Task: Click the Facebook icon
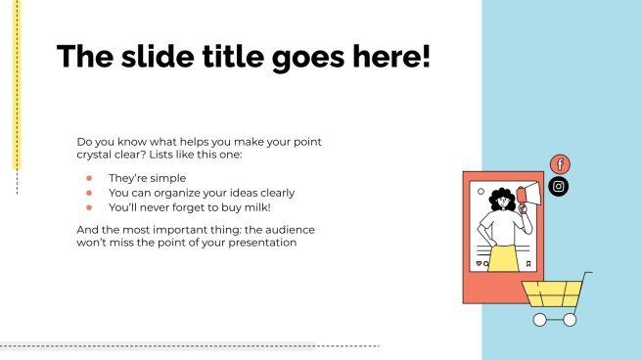[x=560, y=164]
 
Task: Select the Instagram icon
[x=559, y=186]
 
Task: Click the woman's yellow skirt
[x=502, y=258]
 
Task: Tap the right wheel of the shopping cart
[x=570, y=319]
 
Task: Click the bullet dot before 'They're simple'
[x=88, y=179]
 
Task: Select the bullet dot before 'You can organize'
[x=88, y=193]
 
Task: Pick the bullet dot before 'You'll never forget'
[x=88, y=206]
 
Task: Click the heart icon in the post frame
[x=478, y=263]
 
